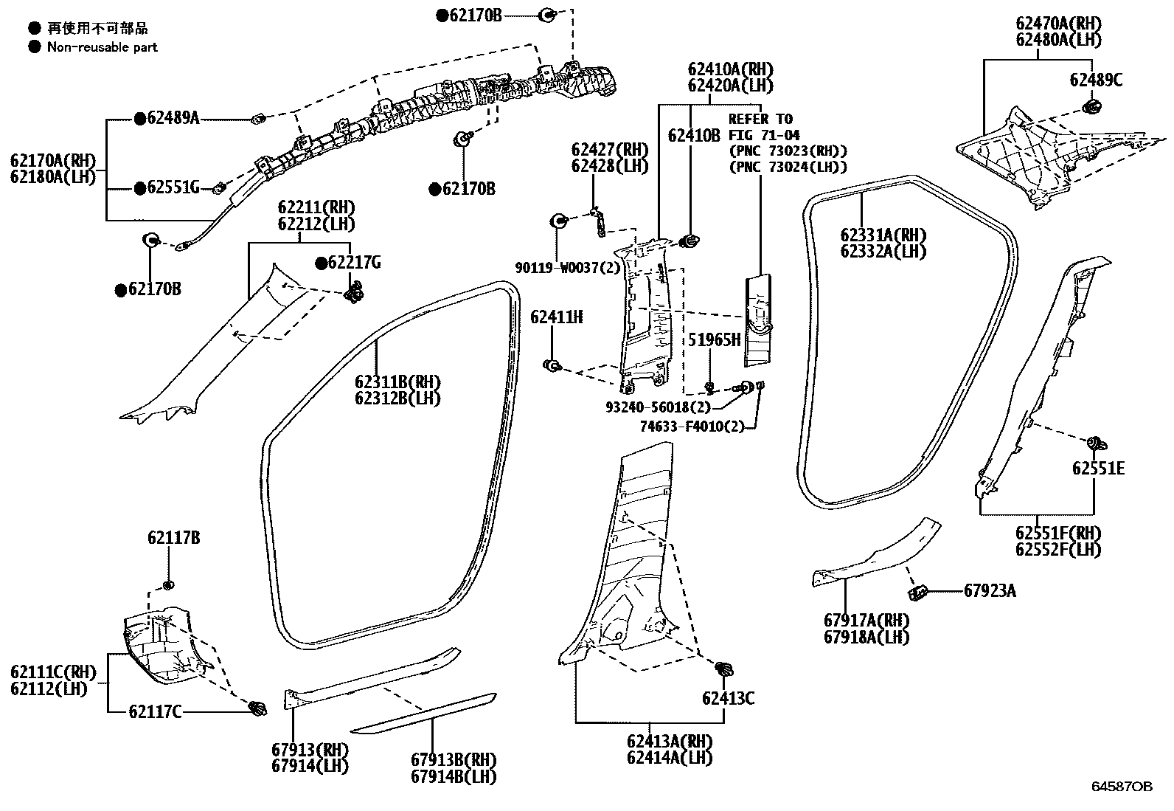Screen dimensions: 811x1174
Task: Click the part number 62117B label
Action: (173, 539)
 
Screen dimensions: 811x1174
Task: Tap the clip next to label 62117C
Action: (257, 709)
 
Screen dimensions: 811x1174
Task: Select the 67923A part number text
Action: (990, 590)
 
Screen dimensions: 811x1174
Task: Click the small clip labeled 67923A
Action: (918, 591)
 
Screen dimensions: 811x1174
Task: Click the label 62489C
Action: (1096, 80)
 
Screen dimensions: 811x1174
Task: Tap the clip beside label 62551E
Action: (1095, 444)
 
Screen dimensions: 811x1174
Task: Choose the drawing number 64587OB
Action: (1122, 787)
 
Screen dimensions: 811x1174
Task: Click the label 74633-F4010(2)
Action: (692, 427)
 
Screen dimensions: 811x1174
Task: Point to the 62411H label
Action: (557, 317)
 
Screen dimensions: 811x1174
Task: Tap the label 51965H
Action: (715, 339)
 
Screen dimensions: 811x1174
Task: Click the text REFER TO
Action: (760, 119)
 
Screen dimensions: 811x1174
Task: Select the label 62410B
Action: (693, 136)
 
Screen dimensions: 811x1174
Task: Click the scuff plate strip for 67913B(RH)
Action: (424, 713)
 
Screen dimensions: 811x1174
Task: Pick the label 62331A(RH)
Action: (883, 235)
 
